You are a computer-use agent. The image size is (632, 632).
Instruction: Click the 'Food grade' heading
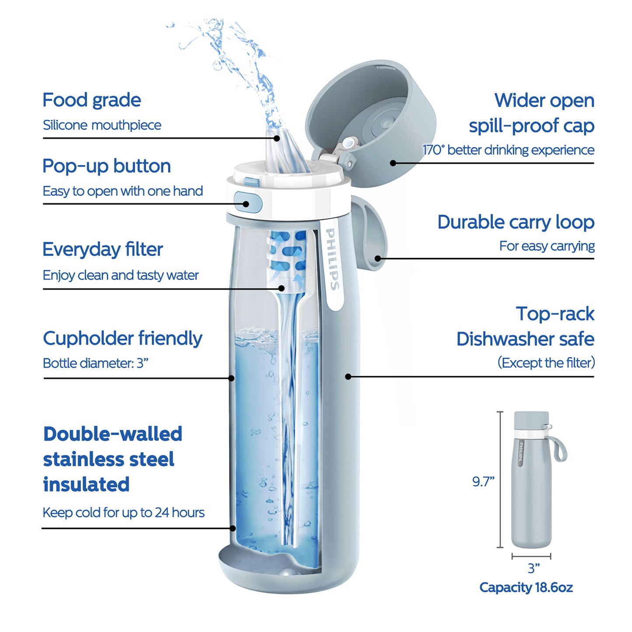pyautogui.click(x=91, y=100)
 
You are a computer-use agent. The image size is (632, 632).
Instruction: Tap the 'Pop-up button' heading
pyautogui.click(x=106, y=166)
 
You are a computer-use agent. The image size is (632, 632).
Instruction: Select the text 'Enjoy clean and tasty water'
pyautogui.click(x=120, y=275)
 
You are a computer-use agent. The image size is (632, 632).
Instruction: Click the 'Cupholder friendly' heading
pyautogui.click(x=122, y=339)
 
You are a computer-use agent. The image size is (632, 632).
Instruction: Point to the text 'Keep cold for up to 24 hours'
pyautogui.click(x=123, y=513)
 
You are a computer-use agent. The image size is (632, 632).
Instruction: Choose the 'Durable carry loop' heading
pyautogui.click(x=516, y=222)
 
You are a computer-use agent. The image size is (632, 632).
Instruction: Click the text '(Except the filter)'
pyautogui.click(x=546, y=363)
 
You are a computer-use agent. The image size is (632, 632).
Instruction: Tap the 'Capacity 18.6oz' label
pyautogui.click(x=526, y=587)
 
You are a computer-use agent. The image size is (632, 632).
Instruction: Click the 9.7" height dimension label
pyautogui.click(x=483, y=482)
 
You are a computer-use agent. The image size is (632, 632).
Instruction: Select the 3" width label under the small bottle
pyautogui.click(x=534, y=568)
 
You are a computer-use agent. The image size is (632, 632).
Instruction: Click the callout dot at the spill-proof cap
pyautogui.click(x=393, y=163)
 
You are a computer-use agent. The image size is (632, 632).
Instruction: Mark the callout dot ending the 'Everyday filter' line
pyautogui.click(x=282, y=288)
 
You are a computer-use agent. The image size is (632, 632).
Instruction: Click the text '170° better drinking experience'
pyautogui.click(x=508, y=150)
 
